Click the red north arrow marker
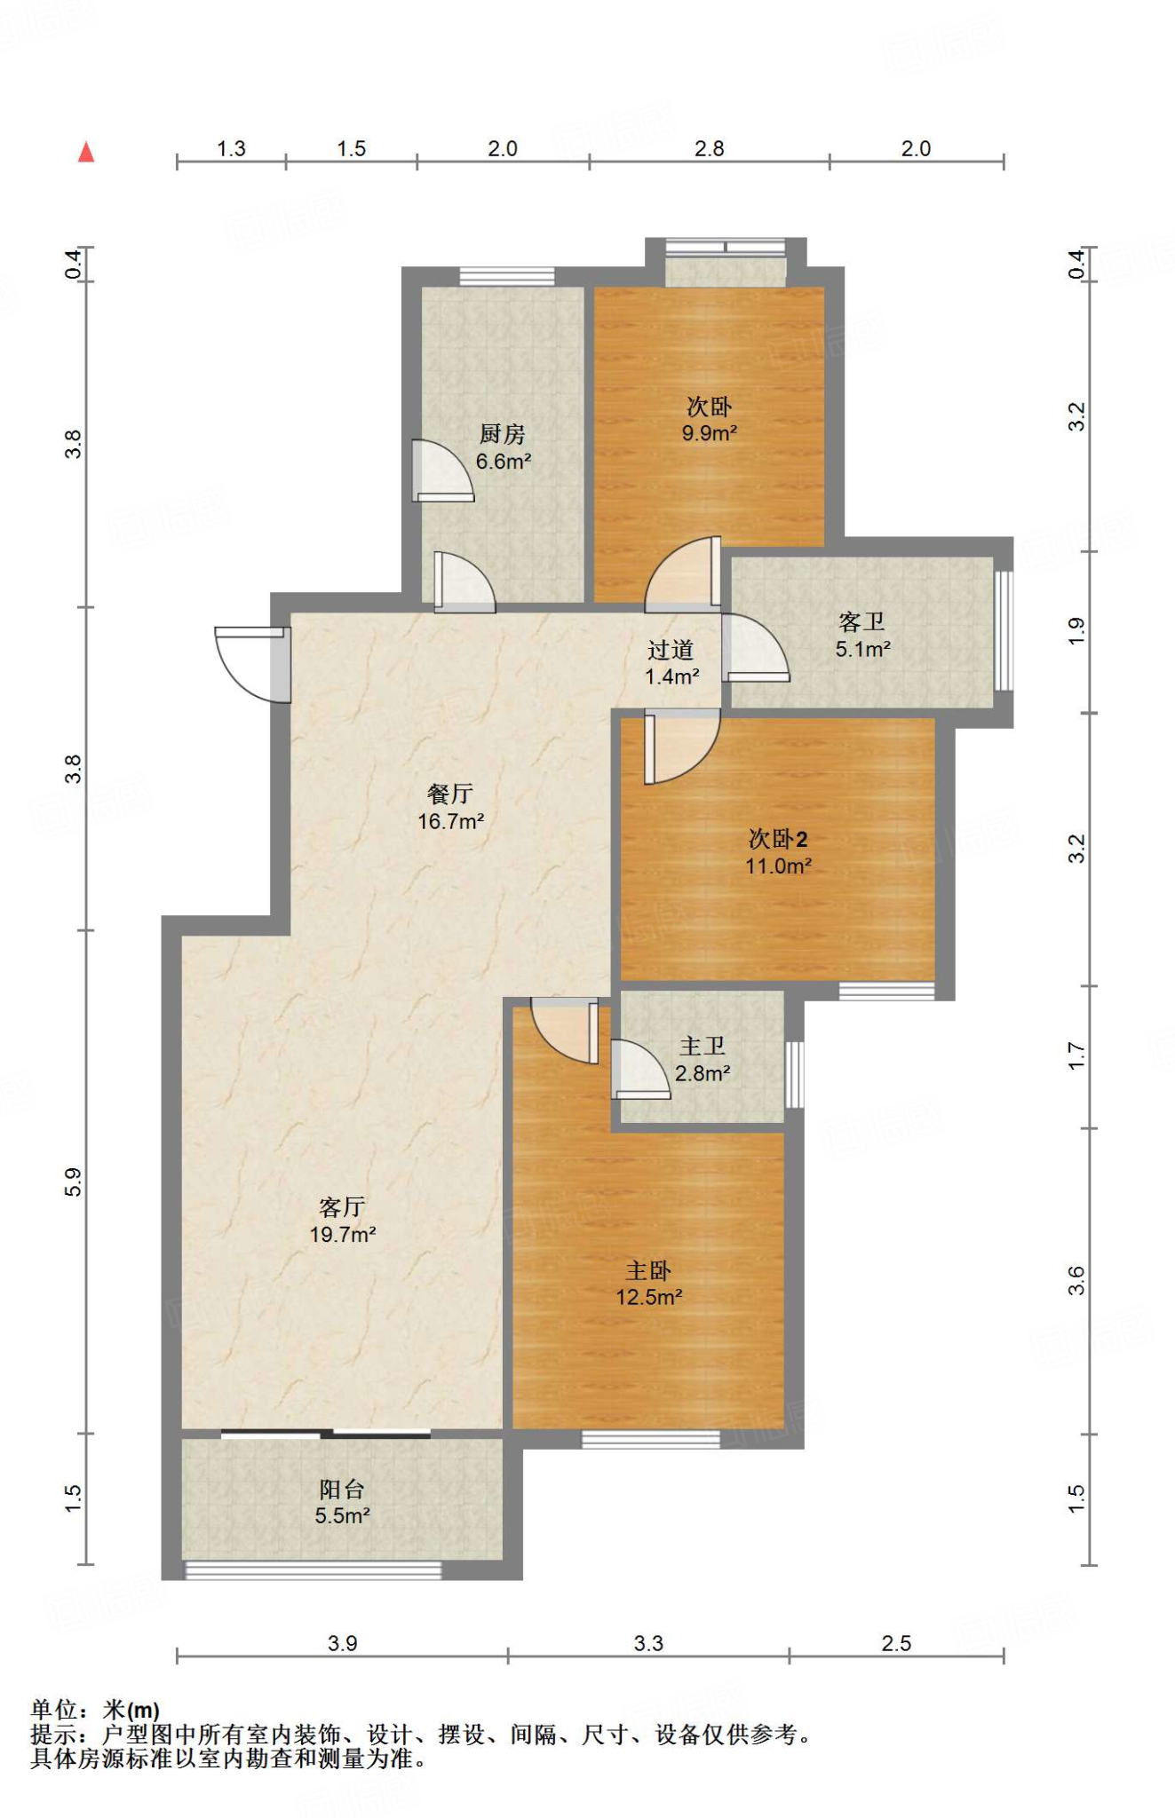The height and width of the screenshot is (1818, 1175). [x=86, y=152]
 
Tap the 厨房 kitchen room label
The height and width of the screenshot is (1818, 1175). [x=503, y=433]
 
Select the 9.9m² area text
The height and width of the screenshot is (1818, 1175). [x=710, y=433]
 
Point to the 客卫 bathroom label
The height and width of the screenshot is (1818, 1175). [x=861, y=621]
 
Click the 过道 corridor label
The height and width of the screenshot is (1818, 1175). [x=671, y=650]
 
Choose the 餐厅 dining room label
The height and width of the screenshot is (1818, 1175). [x=450, y=793]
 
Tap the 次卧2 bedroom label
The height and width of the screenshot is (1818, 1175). [x=778, y=838]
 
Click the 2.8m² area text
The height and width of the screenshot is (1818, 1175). [x=703, y=1073]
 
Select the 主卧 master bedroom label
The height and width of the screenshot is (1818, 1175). [x=648, y=1270]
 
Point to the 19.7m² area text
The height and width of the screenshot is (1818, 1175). [x=343, y=1234]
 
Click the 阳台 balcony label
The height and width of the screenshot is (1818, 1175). [x=342, y=1489]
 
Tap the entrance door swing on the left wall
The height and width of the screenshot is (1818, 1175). [x=251, y=664]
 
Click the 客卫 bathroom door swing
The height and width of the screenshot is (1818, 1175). [x=755, y=647]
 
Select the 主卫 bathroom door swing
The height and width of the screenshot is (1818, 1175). [x=640, y=1070]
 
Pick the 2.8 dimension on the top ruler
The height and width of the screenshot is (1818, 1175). [x=710, y=148]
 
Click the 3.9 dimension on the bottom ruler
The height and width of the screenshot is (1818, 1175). [x=342, y=1643]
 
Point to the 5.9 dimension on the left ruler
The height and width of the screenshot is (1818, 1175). [x=73, y=1182]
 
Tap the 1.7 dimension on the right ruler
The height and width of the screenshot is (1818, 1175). [x=1076, y=1056]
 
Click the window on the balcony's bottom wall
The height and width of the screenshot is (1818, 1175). [x=312, y=1570]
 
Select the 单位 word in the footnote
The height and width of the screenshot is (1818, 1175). [x=54, y=1709]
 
